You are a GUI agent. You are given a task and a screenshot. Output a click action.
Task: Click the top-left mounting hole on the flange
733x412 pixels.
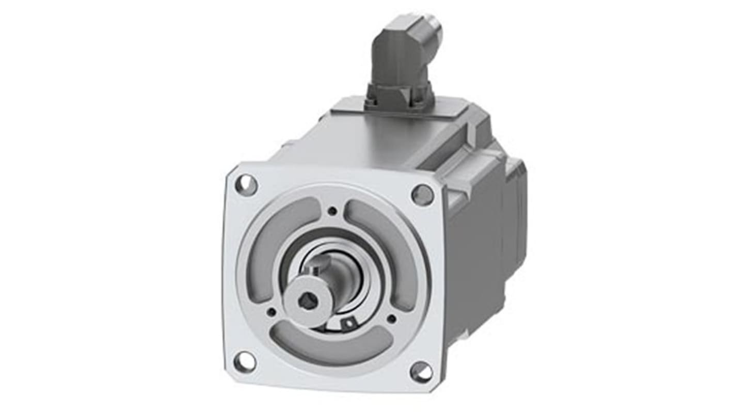[x=246, y=184]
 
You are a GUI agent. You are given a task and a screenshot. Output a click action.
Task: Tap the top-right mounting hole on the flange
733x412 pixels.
[x=422, y=195]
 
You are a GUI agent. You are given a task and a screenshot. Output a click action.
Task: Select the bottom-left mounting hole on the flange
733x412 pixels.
[x=245, y=362]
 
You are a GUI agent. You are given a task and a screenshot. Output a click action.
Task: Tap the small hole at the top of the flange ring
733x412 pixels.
[x=333, y=210]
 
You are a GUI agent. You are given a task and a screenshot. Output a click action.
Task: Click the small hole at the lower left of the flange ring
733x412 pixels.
[x=271, y=311]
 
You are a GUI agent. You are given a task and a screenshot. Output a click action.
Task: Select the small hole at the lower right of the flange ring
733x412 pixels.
[x=391, y=319]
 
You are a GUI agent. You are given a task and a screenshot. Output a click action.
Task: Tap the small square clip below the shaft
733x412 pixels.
[x=348, y=324]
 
